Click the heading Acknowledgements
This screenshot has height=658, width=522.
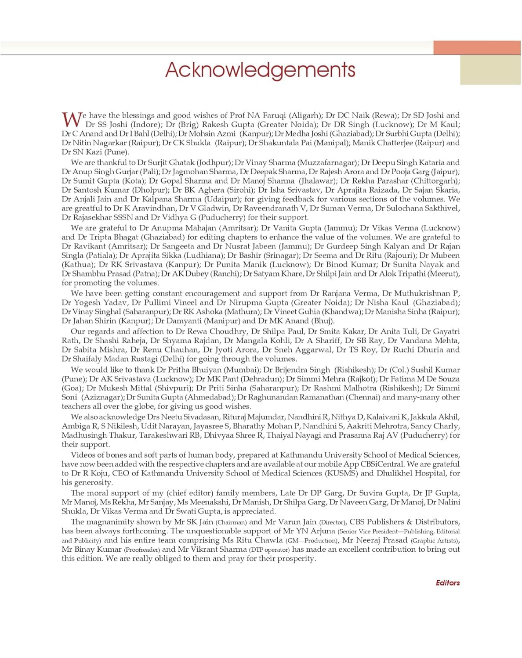pyautogui.click(x=260, y=70)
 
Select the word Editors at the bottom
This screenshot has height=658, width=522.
pyautogui.click(x=447, y=583)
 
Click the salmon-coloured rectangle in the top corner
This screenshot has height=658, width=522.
pyautogui.click(x=477, y=48)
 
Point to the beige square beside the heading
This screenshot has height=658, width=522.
pyautogui.click(x=491, y=70)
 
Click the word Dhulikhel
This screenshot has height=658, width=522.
pyautogui.click(x=395, y=473)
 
